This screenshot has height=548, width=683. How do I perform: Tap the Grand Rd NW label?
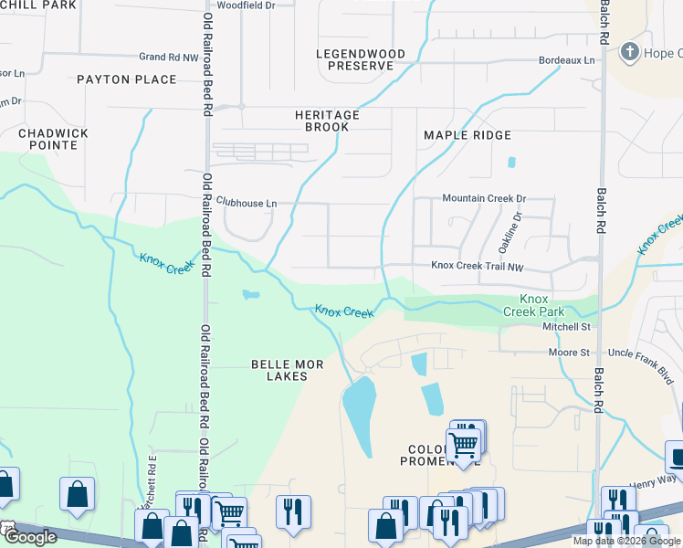tap(168, 57)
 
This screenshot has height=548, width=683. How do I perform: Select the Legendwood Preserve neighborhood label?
tap(360, 60)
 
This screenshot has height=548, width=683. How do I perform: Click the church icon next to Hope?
tap(629, 52)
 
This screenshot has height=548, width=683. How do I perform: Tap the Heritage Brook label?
tap(327, 121)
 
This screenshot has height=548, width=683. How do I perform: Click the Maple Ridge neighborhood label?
tap(468, 135)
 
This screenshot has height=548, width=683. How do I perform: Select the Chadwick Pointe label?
tap(54, 139)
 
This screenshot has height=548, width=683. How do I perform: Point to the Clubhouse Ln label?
tap(246, 203)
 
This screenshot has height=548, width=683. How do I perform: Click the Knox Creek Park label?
tap(533, 305)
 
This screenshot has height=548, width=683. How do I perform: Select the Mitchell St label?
tap(566, 326)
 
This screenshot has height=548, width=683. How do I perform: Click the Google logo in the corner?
tap(29, 537)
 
